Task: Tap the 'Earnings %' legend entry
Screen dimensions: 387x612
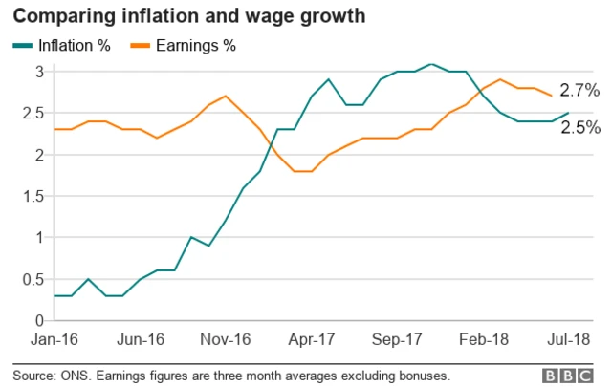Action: [x=187, y=45]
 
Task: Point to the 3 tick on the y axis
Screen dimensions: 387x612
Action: [x=38, y=72]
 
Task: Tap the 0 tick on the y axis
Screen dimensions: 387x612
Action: [x=38, y=320]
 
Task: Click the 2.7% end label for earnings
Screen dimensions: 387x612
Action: [x=579, y=91]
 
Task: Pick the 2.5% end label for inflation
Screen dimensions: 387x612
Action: [x=579, y=128]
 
